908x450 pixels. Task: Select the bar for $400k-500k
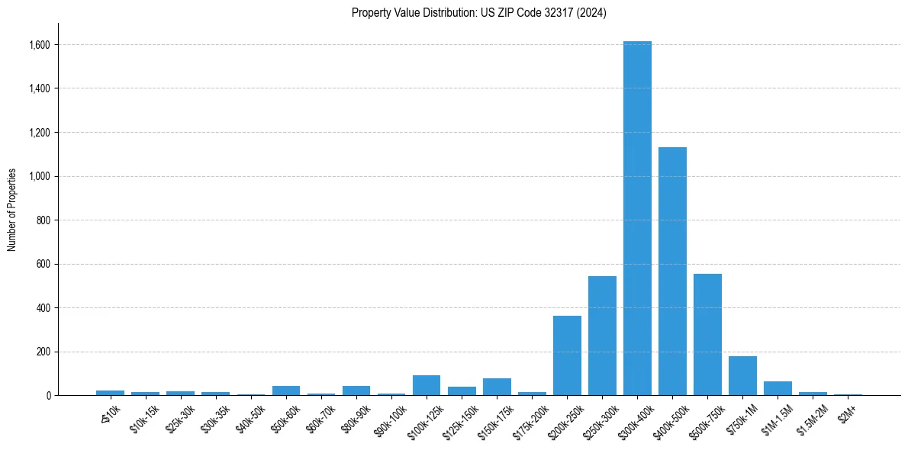[672, 271]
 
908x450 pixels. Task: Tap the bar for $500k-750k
[707, 334]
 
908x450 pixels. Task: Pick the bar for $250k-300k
[602, 336]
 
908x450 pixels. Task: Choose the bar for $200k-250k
[567, 355]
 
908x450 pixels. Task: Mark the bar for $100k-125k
[427, 385]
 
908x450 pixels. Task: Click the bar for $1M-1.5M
[778, 388]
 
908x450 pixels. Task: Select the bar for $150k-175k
[497, 387]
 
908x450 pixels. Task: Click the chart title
[478, 13]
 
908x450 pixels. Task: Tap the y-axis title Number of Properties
[12, 209]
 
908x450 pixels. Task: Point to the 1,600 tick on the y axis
[40, 45]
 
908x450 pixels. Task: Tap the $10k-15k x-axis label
[141, 419]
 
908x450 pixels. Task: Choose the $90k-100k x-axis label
[387, 419]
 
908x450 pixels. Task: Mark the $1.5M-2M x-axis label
[808, 419]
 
